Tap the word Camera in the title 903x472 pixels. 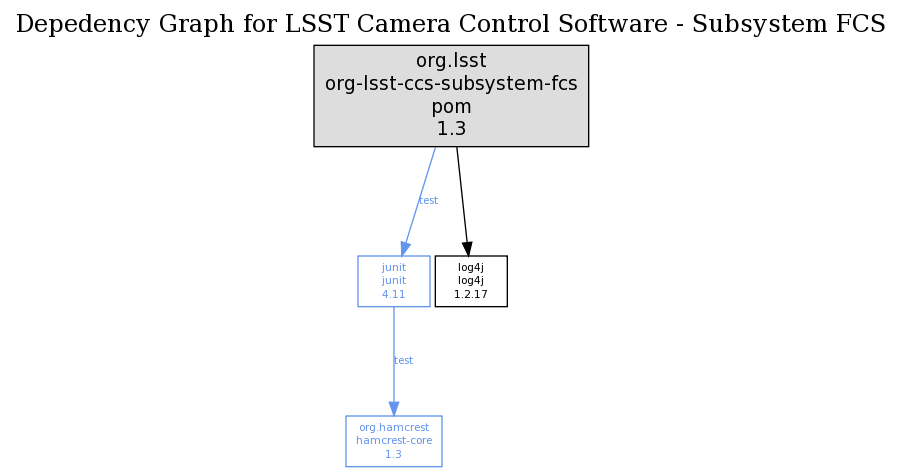[427, 24]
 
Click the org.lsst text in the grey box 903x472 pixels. [451, 61]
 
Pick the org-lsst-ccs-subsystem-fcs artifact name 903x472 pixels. [451, 84]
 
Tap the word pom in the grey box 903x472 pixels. [451, 106]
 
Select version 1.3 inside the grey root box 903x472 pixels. [451, 128]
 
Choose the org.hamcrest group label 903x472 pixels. [394, 428]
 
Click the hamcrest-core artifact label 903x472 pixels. [394, 441]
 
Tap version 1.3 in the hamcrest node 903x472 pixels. [394, 454]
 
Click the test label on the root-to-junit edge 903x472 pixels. [428, 201]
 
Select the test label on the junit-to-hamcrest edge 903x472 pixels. [403, 361]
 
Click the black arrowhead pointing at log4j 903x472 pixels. [467, 249]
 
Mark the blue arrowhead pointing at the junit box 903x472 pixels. [405, 249]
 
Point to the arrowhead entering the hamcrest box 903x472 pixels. [394, 409]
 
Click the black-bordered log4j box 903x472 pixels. [471, 281]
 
